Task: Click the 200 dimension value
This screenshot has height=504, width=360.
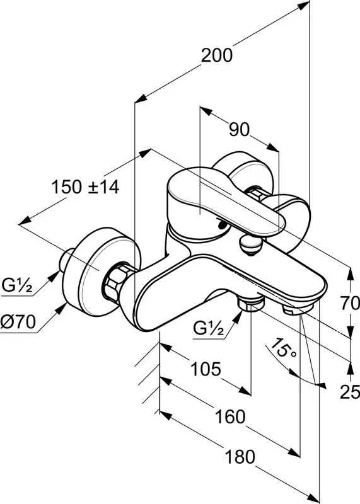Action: (x=216, y=55)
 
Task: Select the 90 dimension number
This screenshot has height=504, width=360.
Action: (x=240, y=130)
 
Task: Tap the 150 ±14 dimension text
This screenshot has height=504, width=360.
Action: (x=85, y=187)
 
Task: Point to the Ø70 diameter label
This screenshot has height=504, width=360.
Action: (x=18, y=321)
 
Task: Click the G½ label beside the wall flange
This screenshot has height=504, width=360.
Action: (x=18, y=285)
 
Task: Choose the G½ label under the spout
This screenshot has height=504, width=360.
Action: (x=209, y=328)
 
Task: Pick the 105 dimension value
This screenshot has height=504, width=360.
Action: (x=206, y=369)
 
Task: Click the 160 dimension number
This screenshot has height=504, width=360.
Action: (x=229, y=417)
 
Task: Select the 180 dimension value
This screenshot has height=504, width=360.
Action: (x=240, y=457)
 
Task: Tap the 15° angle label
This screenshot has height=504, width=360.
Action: (x=283, y=349)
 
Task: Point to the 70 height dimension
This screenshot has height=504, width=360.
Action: (x=350, y=303)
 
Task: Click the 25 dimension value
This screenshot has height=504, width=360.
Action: (x=350, y=392)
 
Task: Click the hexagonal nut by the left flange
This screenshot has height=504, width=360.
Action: (x=115, y=278)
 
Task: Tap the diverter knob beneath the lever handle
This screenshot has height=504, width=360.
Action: (x=252, y=245)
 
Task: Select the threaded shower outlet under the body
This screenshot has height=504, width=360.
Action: (x=250, y=303)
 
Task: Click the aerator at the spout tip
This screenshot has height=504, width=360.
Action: (x=296, y=309)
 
